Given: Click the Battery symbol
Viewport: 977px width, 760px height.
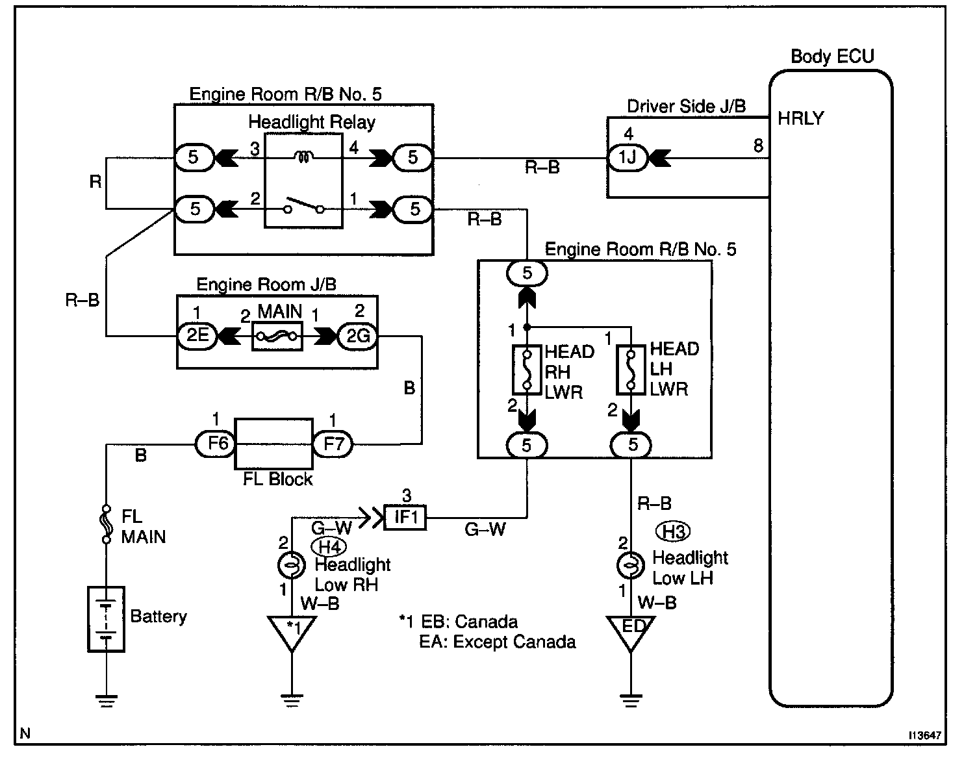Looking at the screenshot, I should pos(106,619).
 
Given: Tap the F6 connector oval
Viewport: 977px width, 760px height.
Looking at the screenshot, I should pos(214,444).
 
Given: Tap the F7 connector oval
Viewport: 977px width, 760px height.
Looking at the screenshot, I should pos(333,444).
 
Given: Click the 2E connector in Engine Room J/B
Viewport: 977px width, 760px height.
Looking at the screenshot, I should pos(197,336).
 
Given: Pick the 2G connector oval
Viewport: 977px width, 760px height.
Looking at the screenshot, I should pos(357,336).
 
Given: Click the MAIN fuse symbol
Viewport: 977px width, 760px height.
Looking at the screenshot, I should pos(277,336).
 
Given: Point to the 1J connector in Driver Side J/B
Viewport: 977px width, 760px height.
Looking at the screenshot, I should pos(628,158).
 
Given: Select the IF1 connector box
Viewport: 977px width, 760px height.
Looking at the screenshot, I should pos(405,518).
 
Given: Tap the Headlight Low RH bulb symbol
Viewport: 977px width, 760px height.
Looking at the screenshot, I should pos(292,566).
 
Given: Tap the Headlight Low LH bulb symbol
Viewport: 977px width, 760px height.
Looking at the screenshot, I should pos(631,566).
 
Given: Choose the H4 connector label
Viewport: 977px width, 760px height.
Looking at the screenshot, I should pos(329,546).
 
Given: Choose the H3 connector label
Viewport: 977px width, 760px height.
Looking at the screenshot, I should pos(672,531).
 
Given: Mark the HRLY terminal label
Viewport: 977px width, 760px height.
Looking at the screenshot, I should pos(800,118).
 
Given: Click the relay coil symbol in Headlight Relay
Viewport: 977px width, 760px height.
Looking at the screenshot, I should pos(302,156).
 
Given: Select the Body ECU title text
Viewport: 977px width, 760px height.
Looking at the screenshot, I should pos(832,57).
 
